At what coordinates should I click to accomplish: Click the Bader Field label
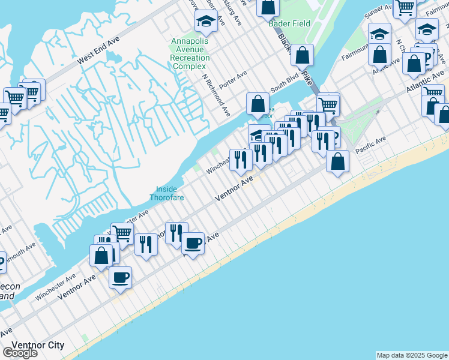pyautogui.click(x=289, y=23)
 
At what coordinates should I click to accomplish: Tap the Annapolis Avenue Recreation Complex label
pyautogui.click(x=191, y=53)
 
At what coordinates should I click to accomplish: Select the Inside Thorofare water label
pyautogui.click(x=166, y=193)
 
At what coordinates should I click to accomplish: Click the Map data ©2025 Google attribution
pyautogui.click(x=412, y=355)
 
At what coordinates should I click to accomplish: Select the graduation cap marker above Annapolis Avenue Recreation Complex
pyautogui.click(x=206, y=22)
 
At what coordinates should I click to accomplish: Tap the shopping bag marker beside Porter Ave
pyautogui.click(x=258, y=103)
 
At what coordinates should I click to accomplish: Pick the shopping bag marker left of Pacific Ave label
pyautogui.click(x=338, y=161)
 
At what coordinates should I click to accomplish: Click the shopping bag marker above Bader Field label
pyautogui.click(x=268, y=7)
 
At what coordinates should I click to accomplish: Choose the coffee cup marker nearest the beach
pyautogui.click(x=120, y=277)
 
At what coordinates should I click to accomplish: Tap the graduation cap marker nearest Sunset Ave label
pyautogui.click(x=379, y=34)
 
